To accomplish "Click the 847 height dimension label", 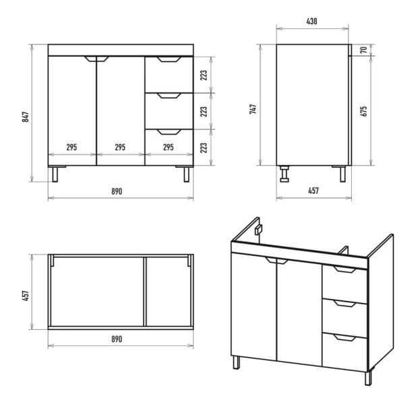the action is (x=26, y=117).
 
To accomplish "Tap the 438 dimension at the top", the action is (x=311, y=21).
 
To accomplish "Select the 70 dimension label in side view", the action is (x=363, y=50).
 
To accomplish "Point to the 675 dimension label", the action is (x=363, y=111).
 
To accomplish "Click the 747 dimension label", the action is (x=253, y=109).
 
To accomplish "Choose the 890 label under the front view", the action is (x=117, y=191).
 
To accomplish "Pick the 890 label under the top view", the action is (x=117, y=339).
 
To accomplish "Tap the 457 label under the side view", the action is (x=314, y=191).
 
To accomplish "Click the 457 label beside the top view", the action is (x=26, y=296).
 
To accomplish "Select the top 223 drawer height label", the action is (x=204, y=75).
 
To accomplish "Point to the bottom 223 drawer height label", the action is (x=204, y=148).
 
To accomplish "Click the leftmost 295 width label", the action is (x=71, y=147).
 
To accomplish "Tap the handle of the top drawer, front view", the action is (x=169, y=59).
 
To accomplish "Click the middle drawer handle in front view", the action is (x=169, y=96).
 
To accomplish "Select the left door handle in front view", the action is (x=90, y=59).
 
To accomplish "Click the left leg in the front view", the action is (x=55, y=174).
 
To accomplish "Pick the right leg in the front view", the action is (x=187, y=174).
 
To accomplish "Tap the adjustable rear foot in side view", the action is (x=285, y=174).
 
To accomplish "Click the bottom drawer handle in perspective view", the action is (x=345, y=338).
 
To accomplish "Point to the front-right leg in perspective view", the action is (x=368, y=378).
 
